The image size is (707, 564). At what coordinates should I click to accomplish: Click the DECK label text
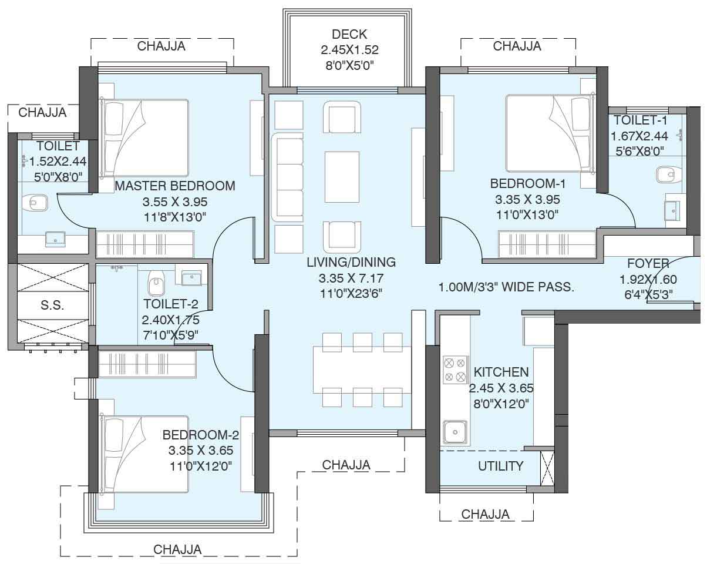[349, 34]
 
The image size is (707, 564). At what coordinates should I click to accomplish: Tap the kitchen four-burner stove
[455, 370]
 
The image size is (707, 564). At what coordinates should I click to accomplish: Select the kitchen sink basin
[455, 432]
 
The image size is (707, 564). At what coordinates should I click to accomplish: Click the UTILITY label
[501, 466]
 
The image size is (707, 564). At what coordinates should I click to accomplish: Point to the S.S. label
[52, 305]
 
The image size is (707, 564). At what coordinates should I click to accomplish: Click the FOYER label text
[648, 263]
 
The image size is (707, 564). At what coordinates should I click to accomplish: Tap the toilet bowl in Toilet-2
[156, 283]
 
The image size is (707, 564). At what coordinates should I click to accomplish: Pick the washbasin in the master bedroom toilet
[55, 239]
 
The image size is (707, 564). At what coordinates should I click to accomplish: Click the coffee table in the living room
[342, 177]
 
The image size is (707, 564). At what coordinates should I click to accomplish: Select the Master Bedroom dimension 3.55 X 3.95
[175, 202]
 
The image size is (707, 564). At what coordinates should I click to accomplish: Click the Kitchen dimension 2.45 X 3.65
[501, 388]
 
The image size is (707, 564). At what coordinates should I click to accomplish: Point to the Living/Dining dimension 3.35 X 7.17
[351, 278]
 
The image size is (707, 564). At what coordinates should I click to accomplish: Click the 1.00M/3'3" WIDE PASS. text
[506, 287]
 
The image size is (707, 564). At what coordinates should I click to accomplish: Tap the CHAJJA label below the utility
[485, 514]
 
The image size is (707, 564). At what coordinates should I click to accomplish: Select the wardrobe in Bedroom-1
[547, 244]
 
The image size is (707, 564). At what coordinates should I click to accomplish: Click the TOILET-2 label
[171, 304]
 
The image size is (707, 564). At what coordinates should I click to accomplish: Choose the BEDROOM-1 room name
[528, 183]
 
